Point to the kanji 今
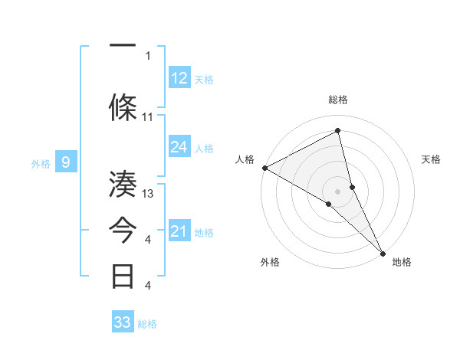coord(123,229)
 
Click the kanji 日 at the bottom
coord(123,275)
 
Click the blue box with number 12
coord(179,78)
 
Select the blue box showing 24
coord(179,147)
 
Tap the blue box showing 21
coord(179,231)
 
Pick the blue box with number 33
coord(123,322)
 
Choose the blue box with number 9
coord(66,162)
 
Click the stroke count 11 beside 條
coord(148,116)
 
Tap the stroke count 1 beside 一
coord(148,55)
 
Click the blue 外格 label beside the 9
coord(41,163)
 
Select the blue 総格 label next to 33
coord(147,324)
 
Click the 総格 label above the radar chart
coord(338,100)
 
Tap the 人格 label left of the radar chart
coord(245,159)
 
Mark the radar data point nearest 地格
coord(382,251)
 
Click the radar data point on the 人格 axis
coord(264,168)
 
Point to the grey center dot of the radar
coord(337,191)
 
